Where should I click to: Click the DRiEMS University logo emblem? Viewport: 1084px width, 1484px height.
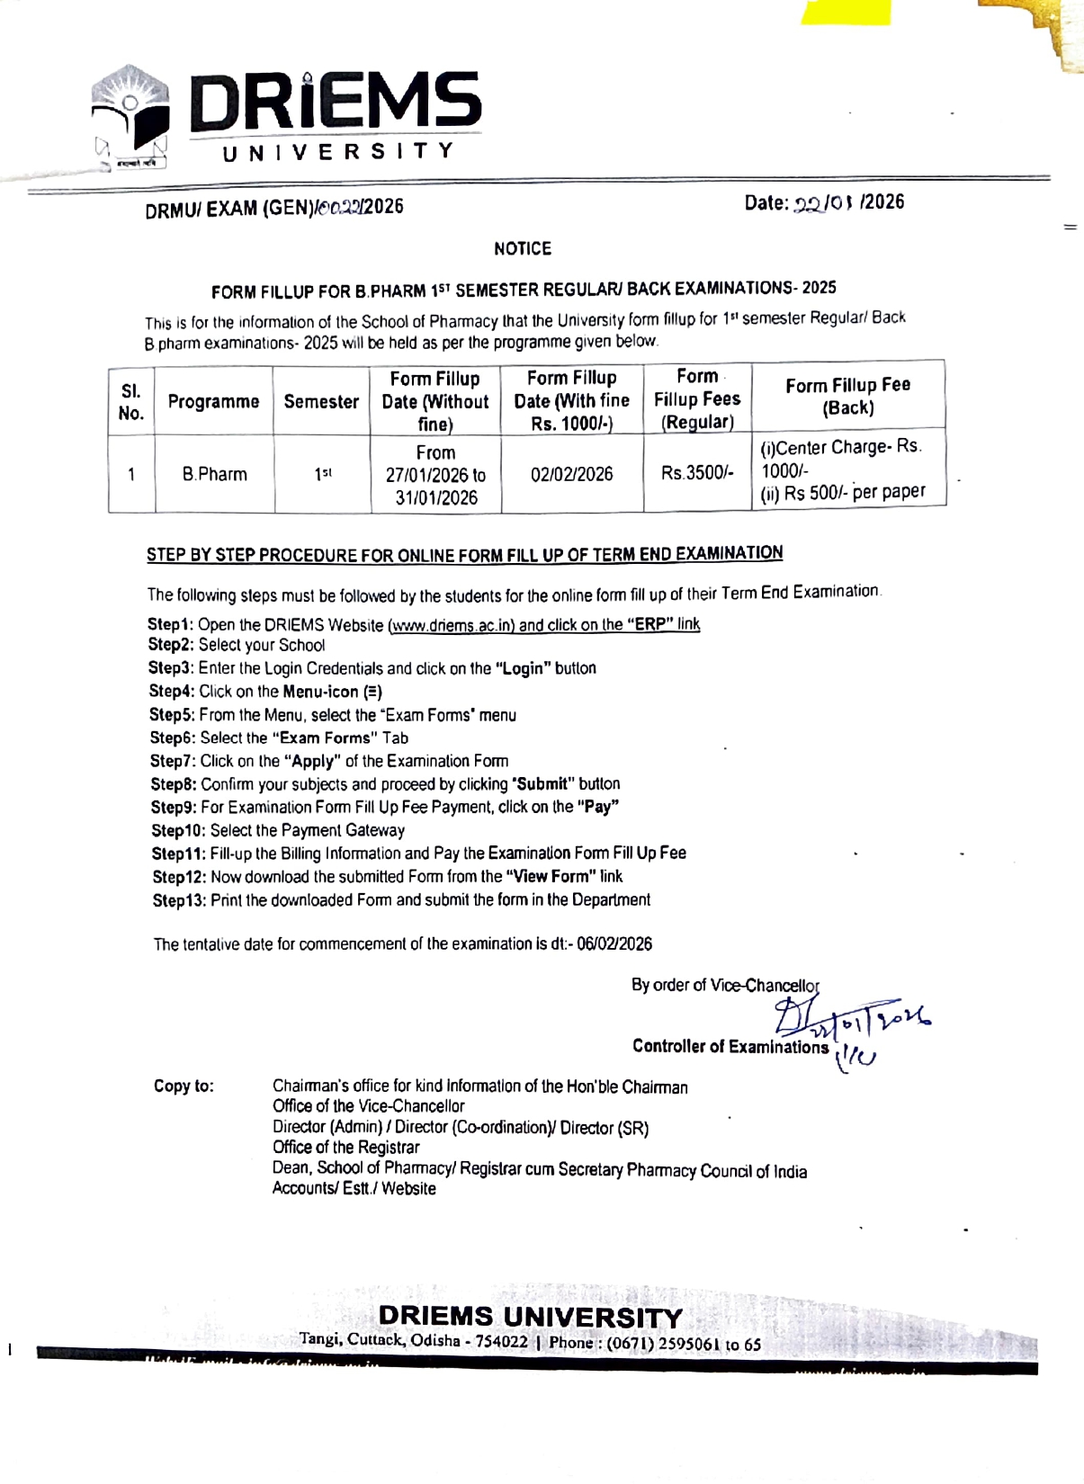(x=131, y=118)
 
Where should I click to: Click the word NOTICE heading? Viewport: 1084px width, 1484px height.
(x=523, y=248)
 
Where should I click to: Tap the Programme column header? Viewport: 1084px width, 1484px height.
(x=213, y=402)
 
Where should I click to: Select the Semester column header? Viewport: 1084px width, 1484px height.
(x=321, y=402)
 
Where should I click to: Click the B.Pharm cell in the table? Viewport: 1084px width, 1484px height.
(x=214, y=474)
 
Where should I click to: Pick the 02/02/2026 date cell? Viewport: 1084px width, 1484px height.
(x=571, y=474)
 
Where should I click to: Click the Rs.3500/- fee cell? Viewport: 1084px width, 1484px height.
(x=697, y=473)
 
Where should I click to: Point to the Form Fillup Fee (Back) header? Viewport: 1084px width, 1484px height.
(x=847, y=396)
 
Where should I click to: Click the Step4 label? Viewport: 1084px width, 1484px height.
(x=171, y=692)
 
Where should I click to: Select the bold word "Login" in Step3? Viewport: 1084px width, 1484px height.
(x=523, y=668)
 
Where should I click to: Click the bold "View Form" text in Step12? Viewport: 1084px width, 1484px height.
(x=551, y=876)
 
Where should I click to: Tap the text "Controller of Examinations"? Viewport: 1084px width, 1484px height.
(x=730, y=1046)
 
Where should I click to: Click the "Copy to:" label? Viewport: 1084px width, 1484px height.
(x=184, y=1086)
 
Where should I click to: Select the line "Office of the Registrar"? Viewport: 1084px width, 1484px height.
(x=346, y=1147)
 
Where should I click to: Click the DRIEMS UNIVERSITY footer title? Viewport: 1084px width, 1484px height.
(x=530, y=1317)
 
